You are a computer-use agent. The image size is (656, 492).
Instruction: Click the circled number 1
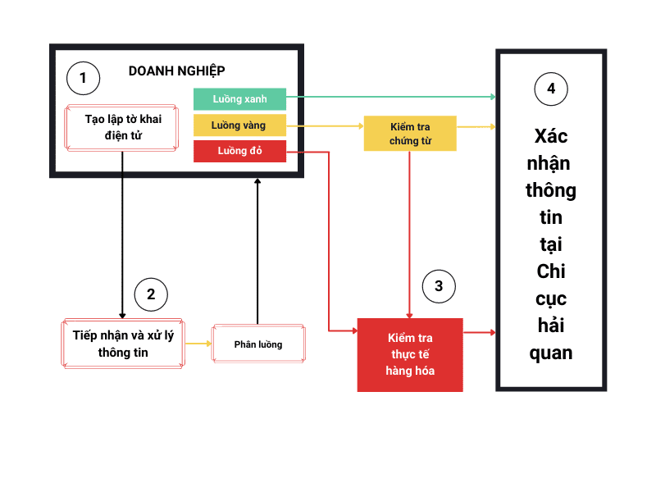[x=82, y=79]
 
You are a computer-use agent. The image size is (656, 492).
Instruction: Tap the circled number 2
[x=151, y=294]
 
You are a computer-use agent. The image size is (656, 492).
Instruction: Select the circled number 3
[x=439, y=286]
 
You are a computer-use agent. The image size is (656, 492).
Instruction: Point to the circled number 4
[x=551, y=89]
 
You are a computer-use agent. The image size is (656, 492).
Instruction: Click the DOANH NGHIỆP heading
[x=177, y=71]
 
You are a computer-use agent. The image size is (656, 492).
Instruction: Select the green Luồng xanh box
[x=239, y=99]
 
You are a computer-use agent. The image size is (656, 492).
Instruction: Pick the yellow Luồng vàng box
[x=239, y=125]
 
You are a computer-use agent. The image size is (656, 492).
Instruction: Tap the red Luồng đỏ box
[x=239, y=151]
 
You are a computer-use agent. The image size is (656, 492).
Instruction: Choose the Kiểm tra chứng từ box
[x=410, y=134]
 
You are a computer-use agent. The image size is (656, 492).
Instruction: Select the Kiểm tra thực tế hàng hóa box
[x=410, y=354]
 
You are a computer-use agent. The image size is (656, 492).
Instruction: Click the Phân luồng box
[x=257, y=344]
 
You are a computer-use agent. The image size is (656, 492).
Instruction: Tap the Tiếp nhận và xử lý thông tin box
[x=123, y=344]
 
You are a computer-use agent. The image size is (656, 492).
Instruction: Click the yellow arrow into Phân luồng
[x=198, y=344]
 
